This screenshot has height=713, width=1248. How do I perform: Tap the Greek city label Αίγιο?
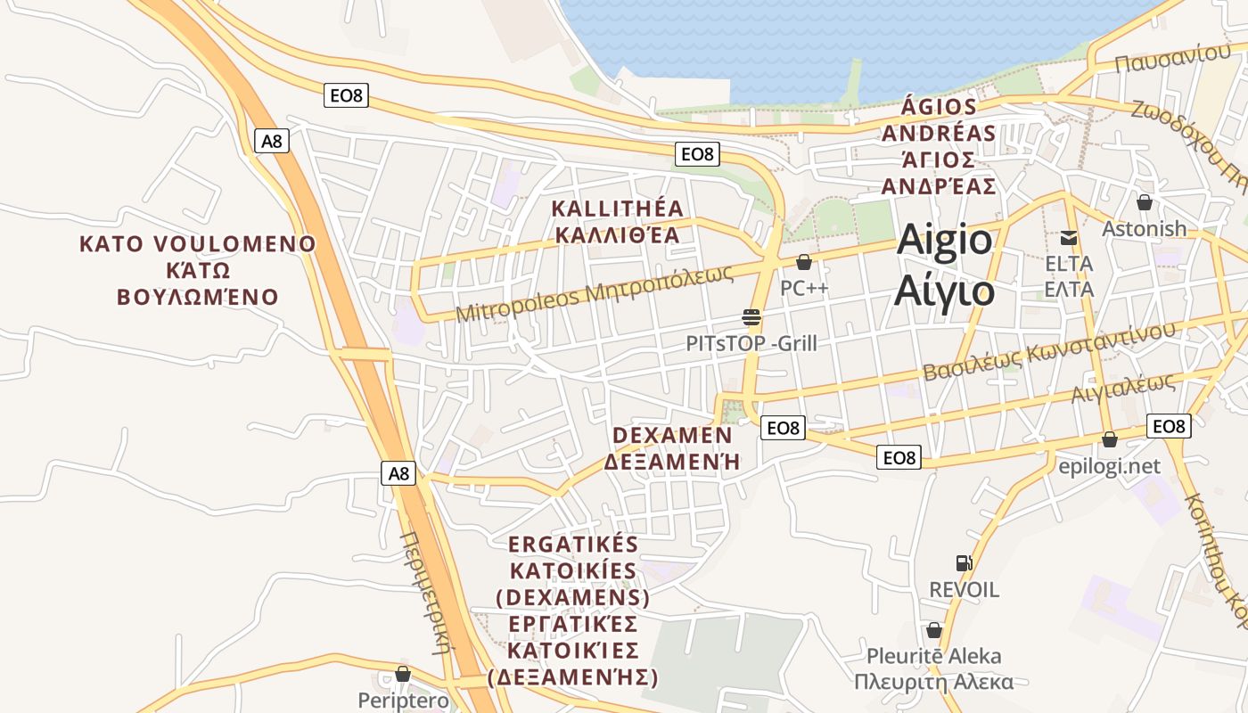(x=944, y=290)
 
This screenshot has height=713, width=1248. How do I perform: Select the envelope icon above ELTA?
(x=1068, y=238)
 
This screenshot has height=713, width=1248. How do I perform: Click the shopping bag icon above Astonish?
(x=1145, y=202)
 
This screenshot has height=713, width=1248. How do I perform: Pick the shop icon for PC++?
(x=804, y=262)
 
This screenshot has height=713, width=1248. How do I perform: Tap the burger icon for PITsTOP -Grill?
(x=751, y=316)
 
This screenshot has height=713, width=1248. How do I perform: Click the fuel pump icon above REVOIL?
(x=964, y=562)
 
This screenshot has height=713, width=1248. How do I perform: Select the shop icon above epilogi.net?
(x=1110, y=439)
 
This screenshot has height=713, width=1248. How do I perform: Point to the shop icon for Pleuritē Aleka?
(x=933, y=630)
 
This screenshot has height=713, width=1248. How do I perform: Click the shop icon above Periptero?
(x=403, y=674)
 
